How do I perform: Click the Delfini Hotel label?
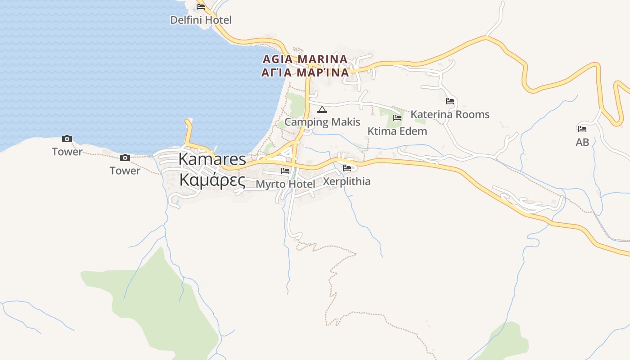pyautogui.click(x=201, y=20)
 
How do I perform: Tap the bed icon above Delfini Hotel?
pyautogui.click(x=201, y=6)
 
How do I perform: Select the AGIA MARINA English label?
pyautogui.click(x=305, y=59)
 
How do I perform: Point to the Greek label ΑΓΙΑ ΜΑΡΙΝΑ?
pyautogui.click(x=305, y=72)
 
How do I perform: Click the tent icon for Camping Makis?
pyautogui.click(x=322, y=109)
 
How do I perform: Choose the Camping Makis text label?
pyautogui.click(x=322, y=122)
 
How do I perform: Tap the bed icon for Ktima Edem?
pyautogui.click(x=397, y=118)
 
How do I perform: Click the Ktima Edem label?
pyautogui.click(x=397, y=131)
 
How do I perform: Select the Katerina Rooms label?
pyautogui.click(x=450, y=114)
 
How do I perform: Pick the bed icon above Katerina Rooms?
pyautogui.click(x=450, y=101)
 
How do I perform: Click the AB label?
pyautogui.click(x=582, y=142)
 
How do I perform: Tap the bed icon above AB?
pyautogui.click(x=582, y=129)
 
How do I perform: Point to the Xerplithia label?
pyautogui.click(x=347, y=181)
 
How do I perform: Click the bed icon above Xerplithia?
pyautogui.click(x=347, y=168)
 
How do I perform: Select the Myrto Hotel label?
pyautogui.click(x=285, y=184)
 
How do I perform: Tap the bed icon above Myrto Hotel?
pyautogui.click(x=285, y=171)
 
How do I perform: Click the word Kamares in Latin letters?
pyautogui.click(x=212, y=159)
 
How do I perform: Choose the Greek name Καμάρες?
pyautogui.click(x=212, y=180)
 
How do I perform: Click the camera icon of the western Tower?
pyautogui.click(x=67, y=139)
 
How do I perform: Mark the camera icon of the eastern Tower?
pyautogui.click(x=125, y=157)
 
